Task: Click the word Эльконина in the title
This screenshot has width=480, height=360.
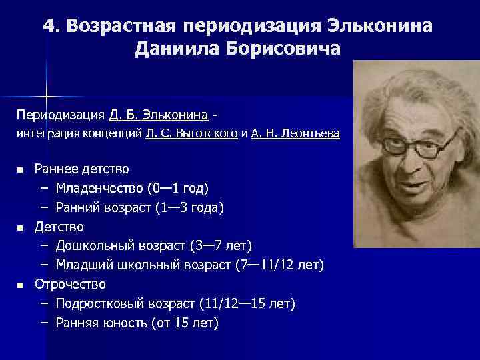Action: (381, 26)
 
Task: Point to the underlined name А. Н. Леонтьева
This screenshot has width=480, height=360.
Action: (295, 133)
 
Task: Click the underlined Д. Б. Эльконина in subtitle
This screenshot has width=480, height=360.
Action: (155, 113)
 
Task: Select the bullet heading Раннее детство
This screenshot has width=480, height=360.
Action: (81, 169)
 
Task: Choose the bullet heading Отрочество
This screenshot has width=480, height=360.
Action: (70, 285)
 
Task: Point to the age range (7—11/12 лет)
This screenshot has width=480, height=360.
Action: (280, 265)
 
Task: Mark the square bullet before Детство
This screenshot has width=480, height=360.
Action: (21, 228)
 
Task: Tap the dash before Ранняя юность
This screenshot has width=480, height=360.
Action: (44, 323)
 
